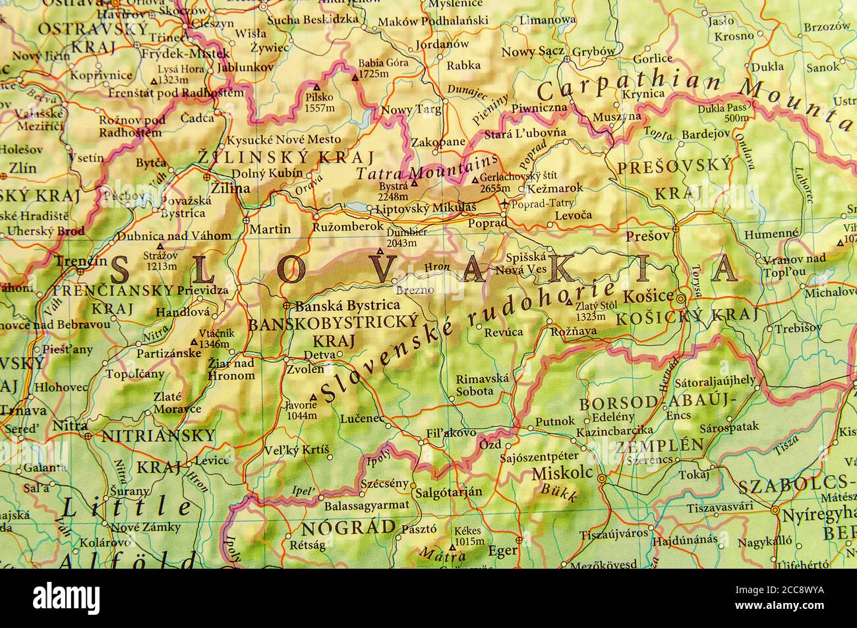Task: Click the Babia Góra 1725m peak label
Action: click(382, 69)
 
